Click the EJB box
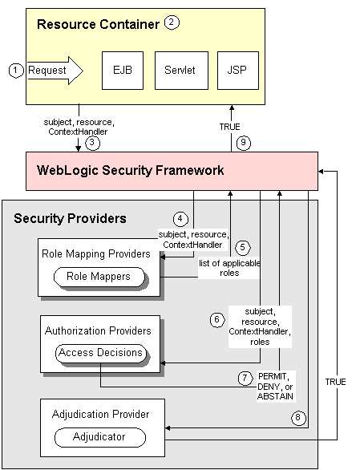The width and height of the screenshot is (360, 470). (x=123, y=71)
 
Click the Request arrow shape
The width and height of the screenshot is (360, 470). (x=54, y=71)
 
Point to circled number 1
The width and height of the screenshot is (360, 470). (x=14, y=71)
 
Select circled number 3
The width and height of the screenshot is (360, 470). (x=93, y=144)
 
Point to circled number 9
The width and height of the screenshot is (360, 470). (x=245, y=144)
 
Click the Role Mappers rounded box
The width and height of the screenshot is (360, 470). (x=99, y=277)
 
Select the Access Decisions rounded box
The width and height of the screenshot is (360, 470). (x=99, y=352)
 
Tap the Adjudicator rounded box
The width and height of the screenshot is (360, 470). (x=99, y=438)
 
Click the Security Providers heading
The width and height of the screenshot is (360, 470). (x=71, y=218)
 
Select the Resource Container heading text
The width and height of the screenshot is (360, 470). (x=98, y=25)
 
